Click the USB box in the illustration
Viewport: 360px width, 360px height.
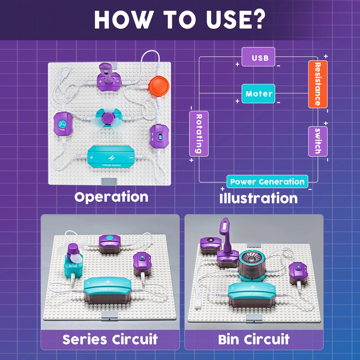pos(258,57)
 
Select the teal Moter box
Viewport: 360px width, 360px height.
pos(258,94)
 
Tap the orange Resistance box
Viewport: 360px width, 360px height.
pos(317,84)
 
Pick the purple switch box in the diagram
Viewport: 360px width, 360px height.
pos(317,141)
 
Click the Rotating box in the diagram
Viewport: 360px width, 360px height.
pos(199,134)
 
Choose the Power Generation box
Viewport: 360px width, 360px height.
pos(267,182)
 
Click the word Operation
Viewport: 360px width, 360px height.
pos(111,197)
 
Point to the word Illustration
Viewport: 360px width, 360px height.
pos(259,198)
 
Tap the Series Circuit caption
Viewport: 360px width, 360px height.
pos(110,339)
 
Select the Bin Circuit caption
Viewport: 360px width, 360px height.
pos(254,339)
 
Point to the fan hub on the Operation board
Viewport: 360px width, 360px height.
pos(108,117)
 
